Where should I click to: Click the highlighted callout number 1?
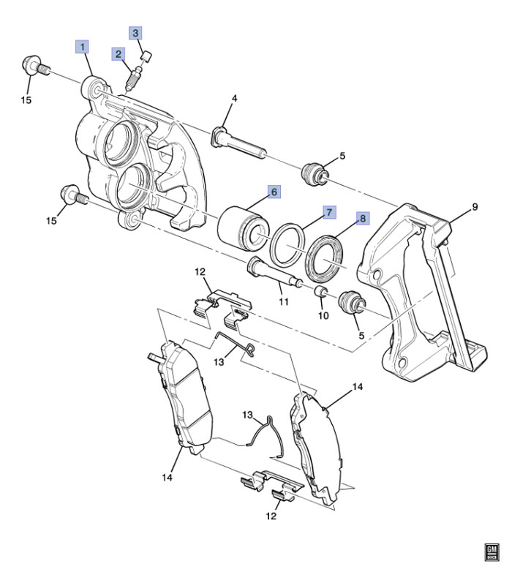82,47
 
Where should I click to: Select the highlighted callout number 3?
135,33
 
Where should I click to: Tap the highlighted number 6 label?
274,192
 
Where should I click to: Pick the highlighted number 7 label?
329,212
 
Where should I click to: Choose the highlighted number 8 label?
363,219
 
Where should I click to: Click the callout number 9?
475,207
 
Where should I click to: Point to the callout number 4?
235,98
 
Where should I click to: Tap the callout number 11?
284,301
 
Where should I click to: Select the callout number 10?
323,315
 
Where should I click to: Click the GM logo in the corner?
492,552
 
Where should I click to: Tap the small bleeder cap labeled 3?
146,56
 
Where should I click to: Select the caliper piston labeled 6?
244,229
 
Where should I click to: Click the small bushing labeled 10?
320,291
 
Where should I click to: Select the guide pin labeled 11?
274,272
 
